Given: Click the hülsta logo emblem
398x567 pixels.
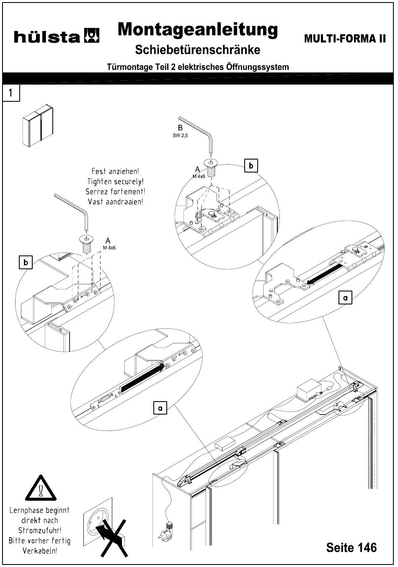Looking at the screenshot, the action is click(x=91, y=36).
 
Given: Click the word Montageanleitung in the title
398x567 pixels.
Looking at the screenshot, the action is click(x=198, y=30).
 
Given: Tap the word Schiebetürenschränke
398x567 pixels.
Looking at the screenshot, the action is click(x=197, y=49).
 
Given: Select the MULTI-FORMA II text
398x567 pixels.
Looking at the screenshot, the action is click(x=345, y=39).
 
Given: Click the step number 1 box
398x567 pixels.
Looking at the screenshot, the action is click(x=11, y=93).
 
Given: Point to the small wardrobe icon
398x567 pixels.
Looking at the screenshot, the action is click(x=38, y=125).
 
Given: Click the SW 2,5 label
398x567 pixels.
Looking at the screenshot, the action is click(x=180, y=135).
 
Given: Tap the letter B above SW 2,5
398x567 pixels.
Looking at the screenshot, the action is click(x=180, y=128).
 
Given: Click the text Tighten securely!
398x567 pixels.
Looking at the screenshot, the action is click(x=116, y=181).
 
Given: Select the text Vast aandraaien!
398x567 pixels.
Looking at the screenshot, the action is click(x=116, y=202).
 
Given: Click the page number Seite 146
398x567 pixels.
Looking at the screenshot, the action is click(x=351, y=547).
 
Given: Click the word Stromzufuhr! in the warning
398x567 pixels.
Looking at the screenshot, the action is click(x=40, y=531).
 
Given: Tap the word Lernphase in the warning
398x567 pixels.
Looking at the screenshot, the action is click(x=25, y=510).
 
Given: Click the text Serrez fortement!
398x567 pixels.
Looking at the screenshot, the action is click(x=116, y=192).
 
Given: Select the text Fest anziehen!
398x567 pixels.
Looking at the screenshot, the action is click(x=115, y=171).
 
